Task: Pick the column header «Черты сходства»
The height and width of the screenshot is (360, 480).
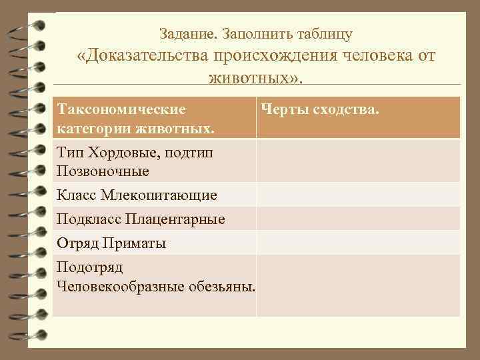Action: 321,108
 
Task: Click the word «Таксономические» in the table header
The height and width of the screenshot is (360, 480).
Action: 121,108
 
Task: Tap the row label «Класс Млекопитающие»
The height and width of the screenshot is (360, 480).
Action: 137,195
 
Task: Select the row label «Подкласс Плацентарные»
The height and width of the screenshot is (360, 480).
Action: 141,219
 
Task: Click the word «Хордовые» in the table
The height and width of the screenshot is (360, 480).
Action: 122,154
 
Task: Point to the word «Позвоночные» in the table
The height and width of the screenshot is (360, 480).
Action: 103,171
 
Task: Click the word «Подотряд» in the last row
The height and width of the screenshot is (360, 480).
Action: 90,268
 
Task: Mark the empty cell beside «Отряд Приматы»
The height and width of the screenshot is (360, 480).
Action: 358,243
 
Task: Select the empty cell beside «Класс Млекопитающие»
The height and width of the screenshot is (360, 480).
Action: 358,195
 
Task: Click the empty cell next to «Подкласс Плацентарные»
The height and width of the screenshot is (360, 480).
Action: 358,219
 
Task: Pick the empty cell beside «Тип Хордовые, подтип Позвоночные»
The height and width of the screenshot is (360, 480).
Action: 358,161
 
